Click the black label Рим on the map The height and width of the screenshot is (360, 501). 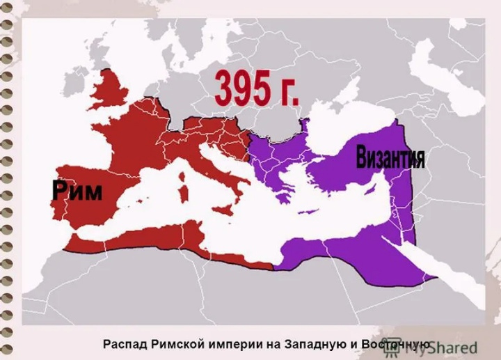(77, 190)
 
